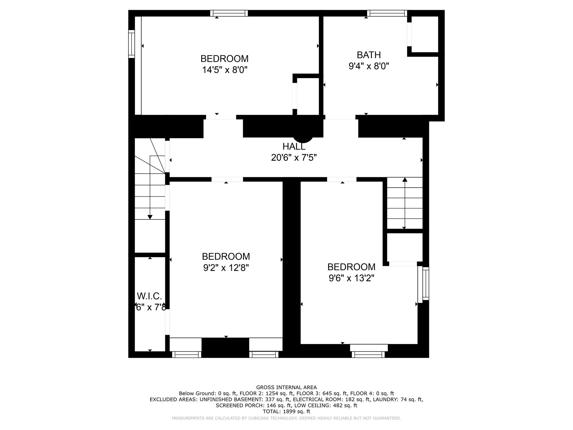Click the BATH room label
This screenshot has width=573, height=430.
pos(368,55)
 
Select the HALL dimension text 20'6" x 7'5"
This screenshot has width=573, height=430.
pos(294,158)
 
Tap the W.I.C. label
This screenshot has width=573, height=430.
pos(149,296)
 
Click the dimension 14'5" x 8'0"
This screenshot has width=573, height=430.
pos(225,70)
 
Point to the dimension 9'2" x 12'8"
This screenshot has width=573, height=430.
pos(226,268)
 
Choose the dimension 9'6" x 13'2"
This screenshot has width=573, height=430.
pos(351,278)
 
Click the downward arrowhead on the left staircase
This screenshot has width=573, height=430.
pos(150,217)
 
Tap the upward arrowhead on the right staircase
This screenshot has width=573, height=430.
pos(405,180)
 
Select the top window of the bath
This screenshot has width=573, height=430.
pos(387,13)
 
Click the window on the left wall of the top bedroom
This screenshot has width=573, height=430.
pos(131,44)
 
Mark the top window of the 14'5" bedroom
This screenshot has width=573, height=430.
pos(229,13)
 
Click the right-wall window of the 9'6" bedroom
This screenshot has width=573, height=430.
pos(425,283)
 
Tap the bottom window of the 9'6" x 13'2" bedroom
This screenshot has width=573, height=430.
pos(368,354)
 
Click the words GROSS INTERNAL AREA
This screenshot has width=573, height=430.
pos(286,387)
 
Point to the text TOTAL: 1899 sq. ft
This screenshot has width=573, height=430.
pos(286,412)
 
